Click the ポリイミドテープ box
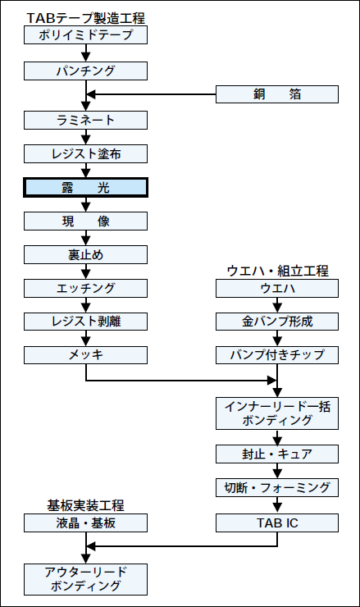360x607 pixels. (x=85, y=34)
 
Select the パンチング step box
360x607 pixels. (x=85, y=71)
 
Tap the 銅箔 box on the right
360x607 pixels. (x=277, y=94)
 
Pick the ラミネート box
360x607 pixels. (x=85, y=121)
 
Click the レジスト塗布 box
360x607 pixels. (x=85, y=154)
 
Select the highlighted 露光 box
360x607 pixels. (x=85, y=188)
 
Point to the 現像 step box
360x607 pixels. (x=85, y=221)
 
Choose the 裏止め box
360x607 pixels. (x=85, y=255)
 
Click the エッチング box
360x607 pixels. (x=85, y=289)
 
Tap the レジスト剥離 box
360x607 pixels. (x=85, y=322)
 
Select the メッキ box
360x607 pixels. (x=85, y=355)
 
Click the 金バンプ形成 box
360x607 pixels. (x=277, y=322)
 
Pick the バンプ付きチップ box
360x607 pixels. (x=277, y=355)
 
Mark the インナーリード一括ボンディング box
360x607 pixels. (x=277, y=413)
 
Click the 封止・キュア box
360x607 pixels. (x=277, y=454)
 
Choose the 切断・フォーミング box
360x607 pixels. (x=277, y=488)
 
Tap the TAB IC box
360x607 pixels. (x=277, y=523)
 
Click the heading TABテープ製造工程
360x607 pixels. (x=85, y=18)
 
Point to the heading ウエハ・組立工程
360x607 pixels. (x=277, y=271)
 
